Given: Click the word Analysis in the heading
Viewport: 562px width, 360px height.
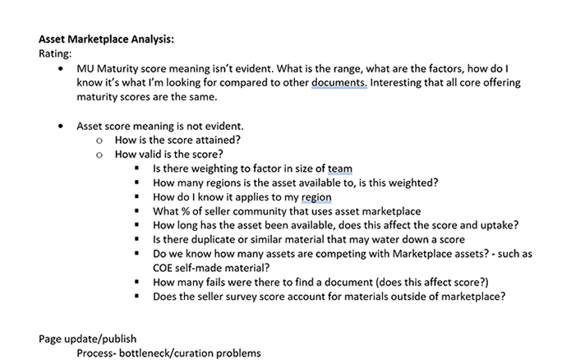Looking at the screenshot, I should pos(150,38).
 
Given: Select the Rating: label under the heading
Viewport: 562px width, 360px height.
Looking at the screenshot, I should pos(57,53).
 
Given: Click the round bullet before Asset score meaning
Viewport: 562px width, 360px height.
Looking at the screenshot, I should pos(59,127).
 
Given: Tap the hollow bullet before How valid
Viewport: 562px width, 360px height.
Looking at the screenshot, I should pos(99,155).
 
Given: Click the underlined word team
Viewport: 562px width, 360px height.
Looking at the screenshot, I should pos(339,169).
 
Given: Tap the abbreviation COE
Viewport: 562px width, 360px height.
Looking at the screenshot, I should pos(166,267).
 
